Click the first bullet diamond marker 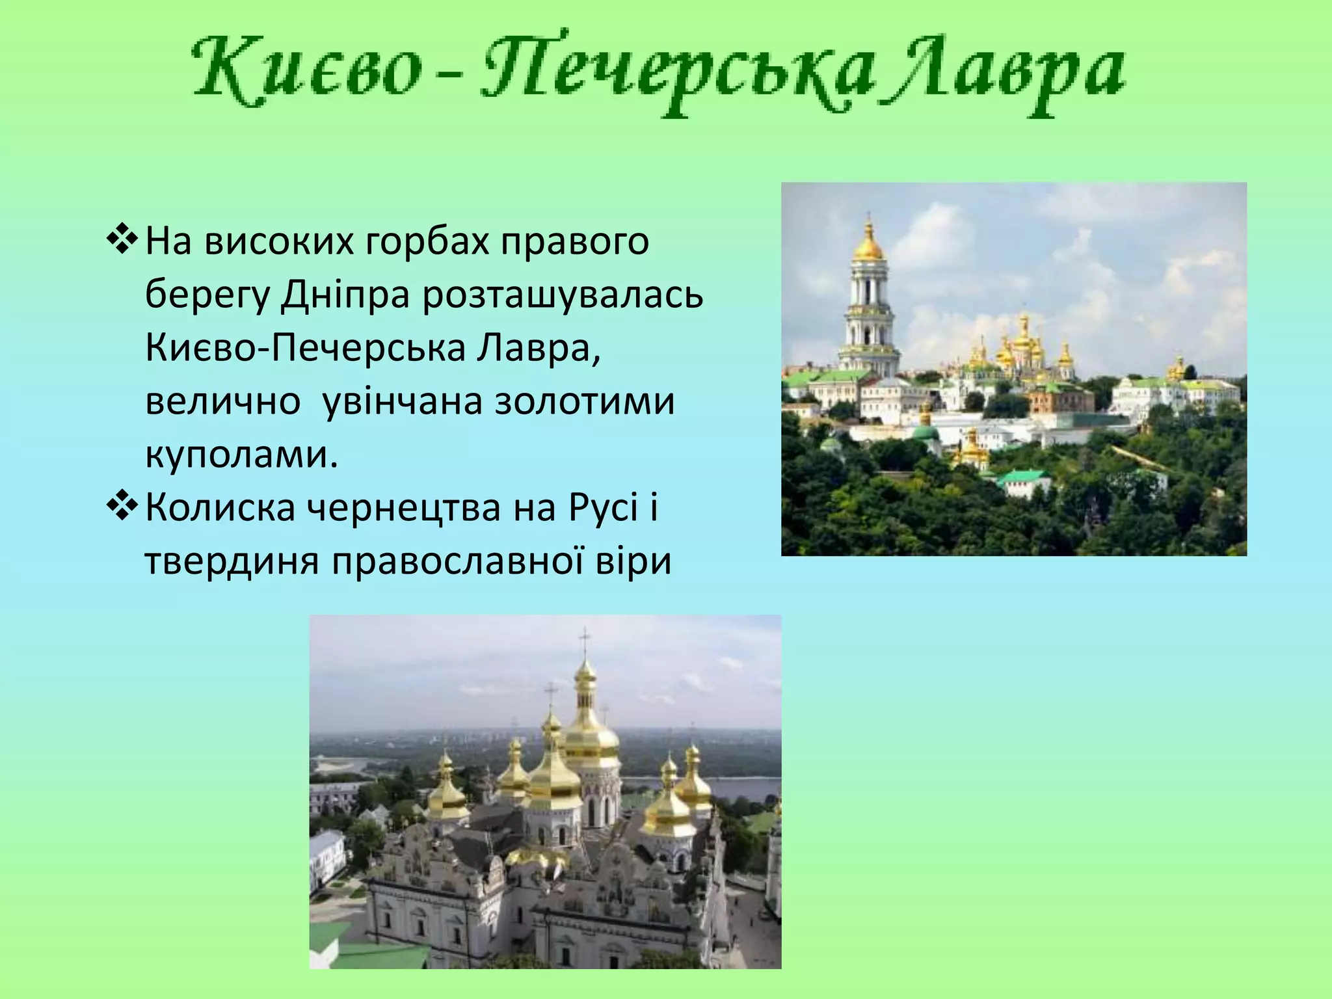pyautogui.click(x=122, y=241)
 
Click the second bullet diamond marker pyautogui.click(x=122, y=507)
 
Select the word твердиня pyautogui.click(x=232, y=561)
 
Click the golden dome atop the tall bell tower pyautogui.click(x=868, y=246)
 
